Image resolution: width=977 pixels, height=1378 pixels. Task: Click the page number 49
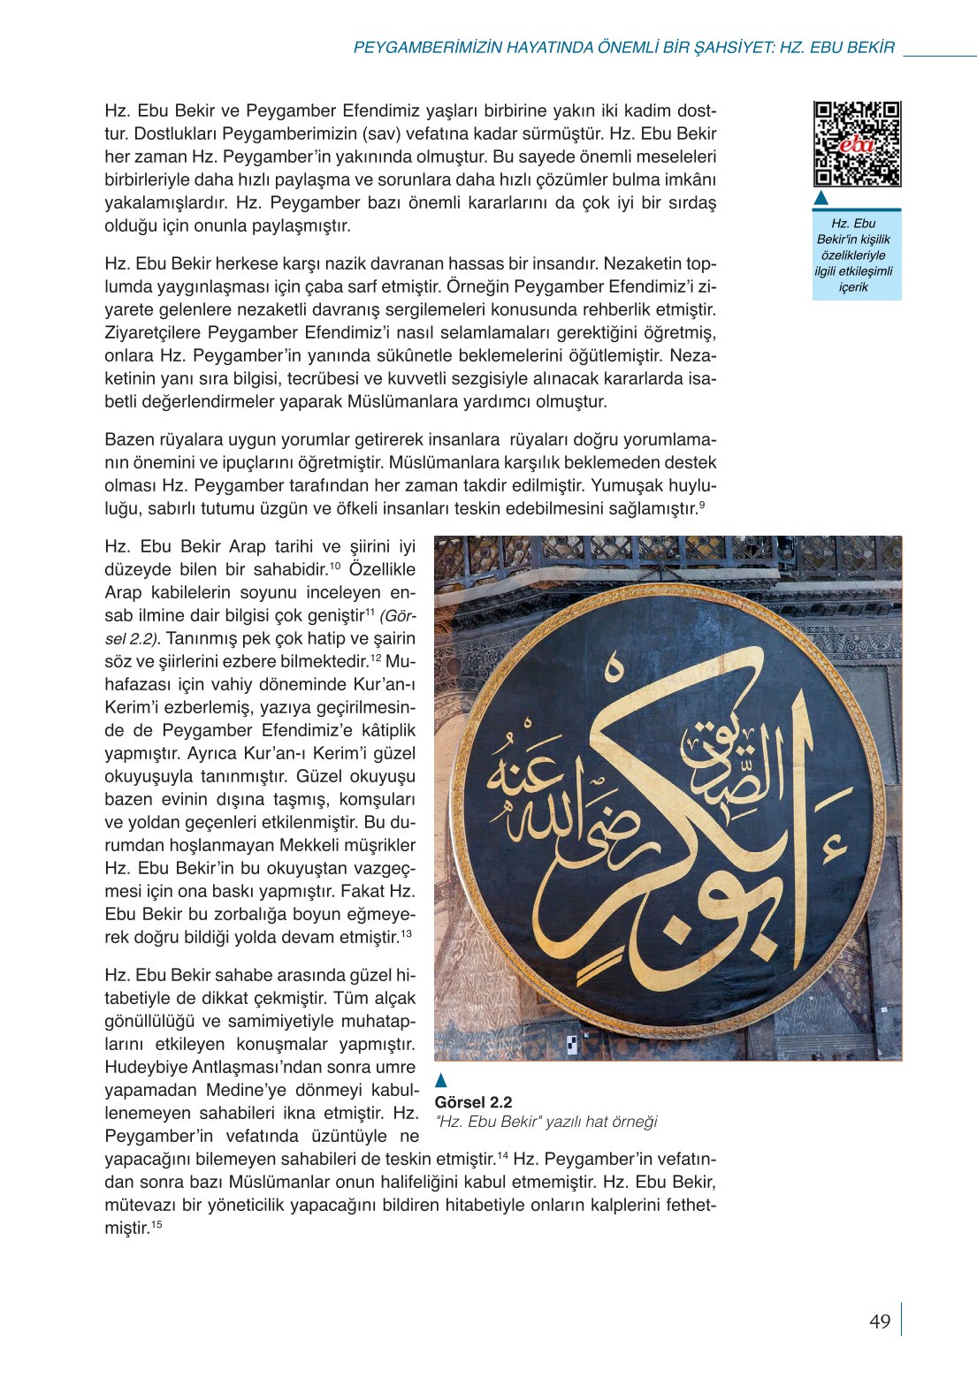click(x=880, y=1321)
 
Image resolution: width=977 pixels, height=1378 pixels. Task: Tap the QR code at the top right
click(x=857, y=144)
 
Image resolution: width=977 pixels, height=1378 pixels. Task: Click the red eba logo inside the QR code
click(x=856, y=144)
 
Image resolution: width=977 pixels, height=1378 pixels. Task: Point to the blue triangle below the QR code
click(x=821, y=197)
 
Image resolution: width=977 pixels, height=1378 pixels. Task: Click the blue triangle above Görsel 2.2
click(x=441, y=1080)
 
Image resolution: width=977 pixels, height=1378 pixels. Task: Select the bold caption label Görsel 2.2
click(x=473, y=1102)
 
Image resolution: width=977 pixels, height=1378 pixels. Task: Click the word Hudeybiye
click(x=141, y=1067)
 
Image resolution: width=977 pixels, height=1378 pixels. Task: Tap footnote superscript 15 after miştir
click(x=156, y=1225)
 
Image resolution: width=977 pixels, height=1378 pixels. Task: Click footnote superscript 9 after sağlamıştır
click(x=701, y=504)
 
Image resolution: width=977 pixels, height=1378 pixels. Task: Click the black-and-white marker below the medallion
click(x=571, y=1042)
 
